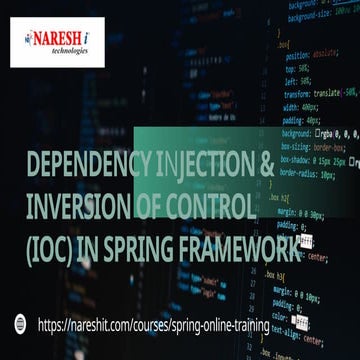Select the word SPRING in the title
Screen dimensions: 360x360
pos(140,249)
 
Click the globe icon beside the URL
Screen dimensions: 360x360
pos(19,323)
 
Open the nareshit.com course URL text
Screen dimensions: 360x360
pos(155,323)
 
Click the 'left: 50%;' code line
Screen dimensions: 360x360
pos(297,80)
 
